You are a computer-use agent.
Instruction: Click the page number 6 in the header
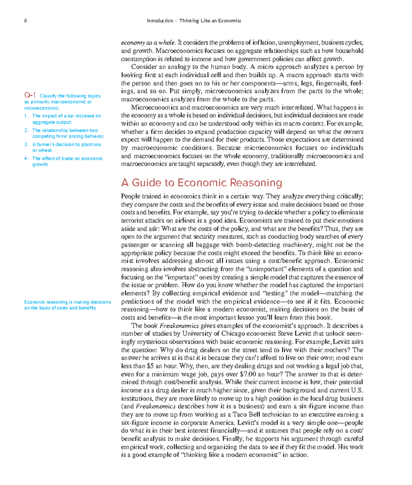[25, 21]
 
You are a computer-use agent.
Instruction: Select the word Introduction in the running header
[160, 21]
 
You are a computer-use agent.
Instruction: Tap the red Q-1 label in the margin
[30, 95]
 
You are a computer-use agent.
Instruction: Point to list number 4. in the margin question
[26, 158]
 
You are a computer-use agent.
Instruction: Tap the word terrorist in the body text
[133, 221]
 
